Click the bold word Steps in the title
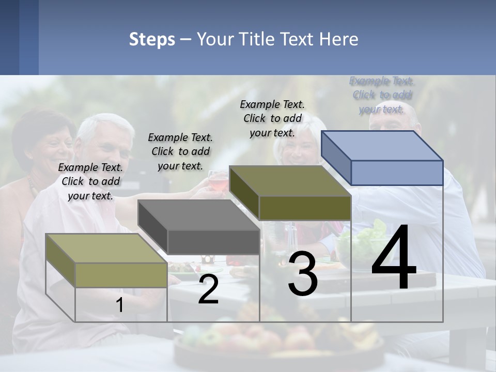(152, 39)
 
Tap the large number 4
(394, 258)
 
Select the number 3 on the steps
(303, 274)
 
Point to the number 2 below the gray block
(208, 290)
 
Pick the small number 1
(120, 305)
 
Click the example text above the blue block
(382, 95)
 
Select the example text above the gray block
(180, 151)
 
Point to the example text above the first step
(90, 181)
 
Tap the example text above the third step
(272, 118)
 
